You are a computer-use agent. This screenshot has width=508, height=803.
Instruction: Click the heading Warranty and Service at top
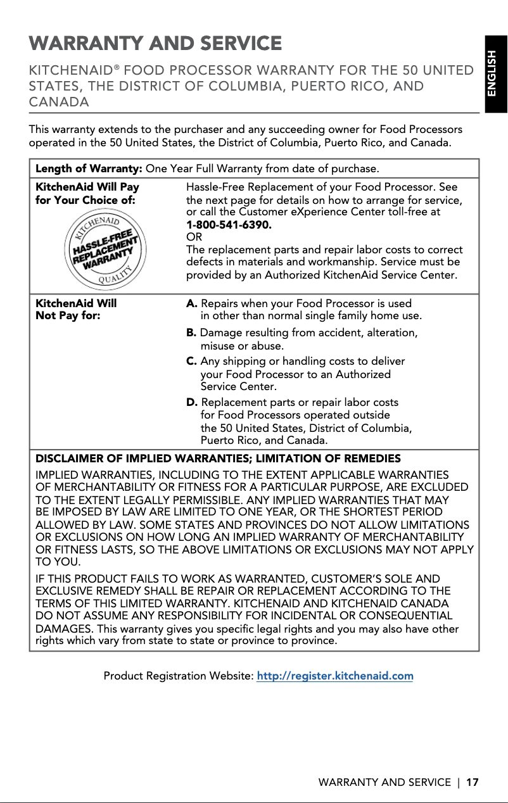pos(155,44)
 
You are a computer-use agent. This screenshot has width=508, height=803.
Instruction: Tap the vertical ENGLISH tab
pos(496,74)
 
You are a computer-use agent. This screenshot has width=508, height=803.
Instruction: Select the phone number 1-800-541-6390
pos(229,224)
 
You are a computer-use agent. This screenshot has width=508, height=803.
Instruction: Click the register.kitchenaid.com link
pos(334,676)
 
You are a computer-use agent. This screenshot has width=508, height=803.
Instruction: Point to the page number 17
pos(472,782)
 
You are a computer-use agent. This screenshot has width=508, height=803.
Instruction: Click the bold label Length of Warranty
pos(89,169)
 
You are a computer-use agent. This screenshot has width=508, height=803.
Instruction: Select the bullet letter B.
pos(191,332)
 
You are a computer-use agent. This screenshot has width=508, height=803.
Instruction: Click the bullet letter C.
pos(191,361)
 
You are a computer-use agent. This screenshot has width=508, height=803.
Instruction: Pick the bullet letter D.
pos(192,402)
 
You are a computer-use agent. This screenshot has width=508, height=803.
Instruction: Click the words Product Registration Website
pos(178,676)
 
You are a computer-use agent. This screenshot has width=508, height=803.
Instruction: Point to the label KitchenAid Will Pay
pos(87,187)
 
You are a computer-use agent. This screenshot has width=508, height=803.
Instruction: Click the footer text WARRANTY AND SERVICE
pos(384,782)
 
